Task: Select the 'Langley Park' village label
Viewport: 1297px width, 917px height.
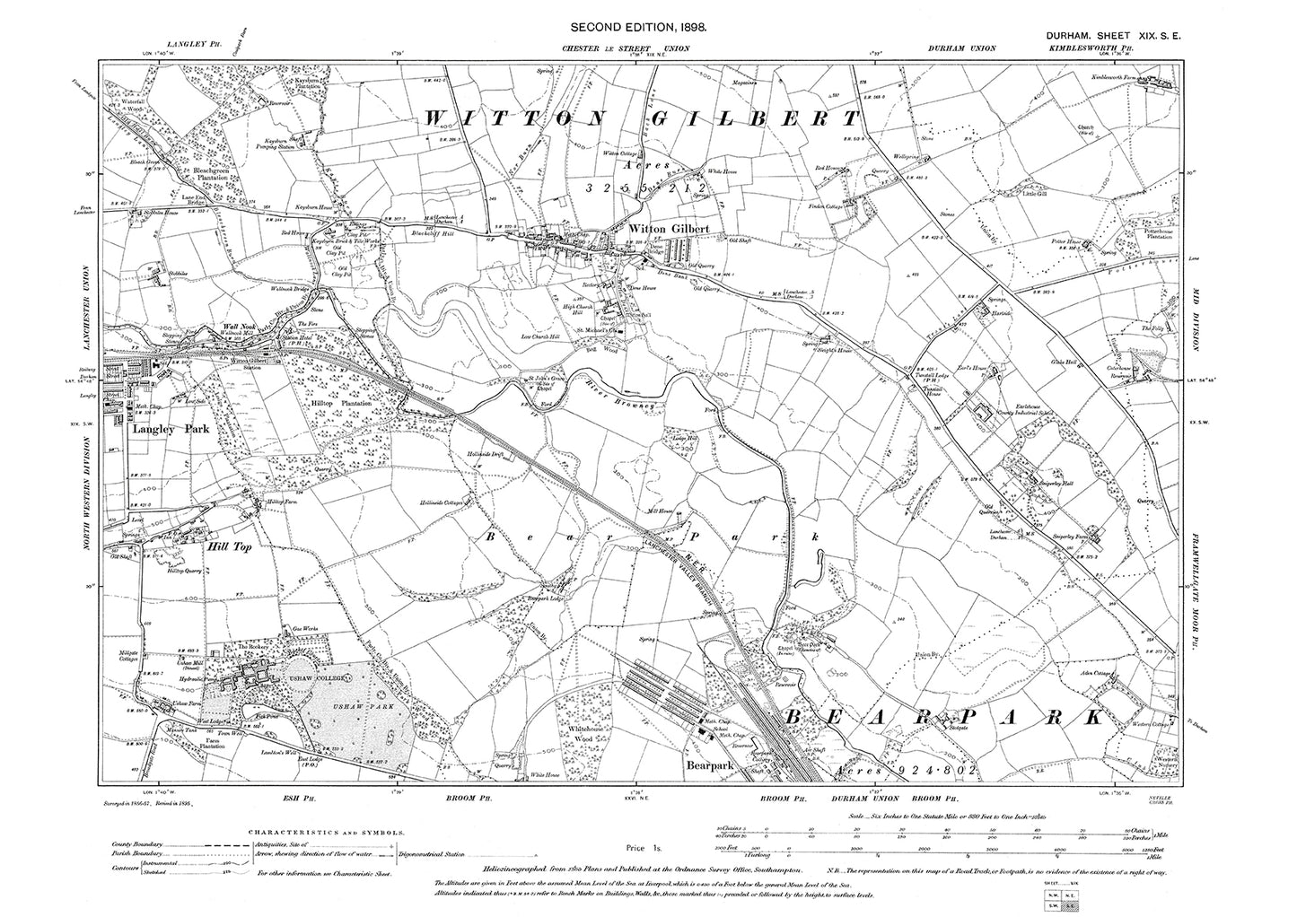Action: pos(171,430)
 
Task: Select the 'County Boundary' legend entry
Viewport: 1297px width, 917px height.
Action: pos(132,844)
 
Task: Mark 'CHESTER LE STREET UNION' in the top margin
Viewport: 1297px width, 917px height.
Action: pos(633,48)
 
